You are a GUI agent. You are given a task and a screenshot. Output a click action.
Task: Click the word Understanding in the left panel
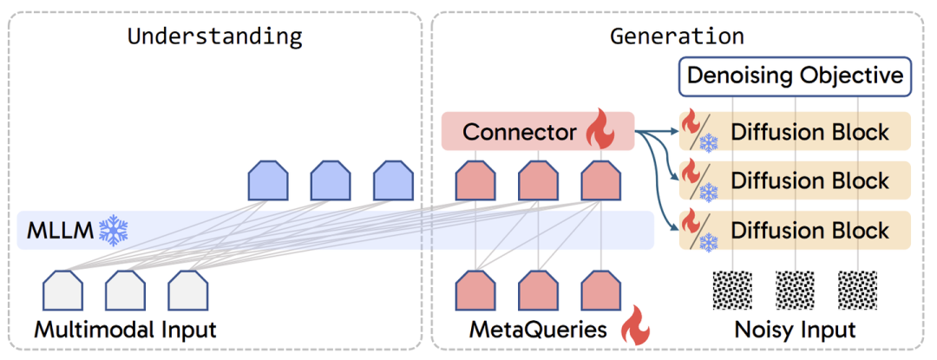214,36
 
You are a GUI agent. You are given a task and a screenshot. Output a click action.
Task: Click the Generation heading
677,36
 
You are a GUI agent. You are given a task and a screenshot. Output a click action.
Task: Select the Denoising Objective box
795,75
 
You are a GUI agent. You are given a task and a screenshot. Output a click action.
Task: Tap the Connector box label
519,132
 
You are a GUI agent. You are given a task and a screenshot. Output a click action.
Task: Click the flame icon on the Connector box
599,132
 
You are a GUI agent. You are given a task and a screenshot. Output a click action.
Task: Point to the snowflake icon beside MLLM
113,231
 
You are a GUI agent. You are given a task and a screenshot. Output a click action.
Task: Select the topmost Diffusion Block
809,132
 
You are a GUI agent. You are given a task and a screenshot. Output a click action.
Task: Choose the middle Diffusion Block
809,180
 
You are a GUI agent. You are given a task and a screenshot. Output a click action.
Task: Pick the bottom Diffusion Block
809,230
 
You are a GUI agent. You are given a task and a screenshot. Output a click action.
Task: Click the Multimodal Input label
125,331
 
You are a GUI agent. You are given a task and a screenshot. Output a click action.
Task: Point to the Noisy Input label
794,331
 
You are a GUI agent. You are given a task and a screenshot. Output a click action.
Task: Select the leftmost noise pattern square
733,291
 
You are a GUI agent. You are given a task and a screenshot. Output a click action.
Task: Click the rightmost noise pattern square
858,291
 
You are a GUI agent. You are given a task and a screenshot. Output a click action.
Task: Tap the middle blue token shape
331,180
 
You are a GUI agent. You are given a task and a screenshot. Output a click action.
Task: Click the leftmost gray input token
62,291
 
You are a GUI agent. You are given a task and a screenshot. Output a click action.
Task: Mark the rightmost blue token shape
393,180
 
